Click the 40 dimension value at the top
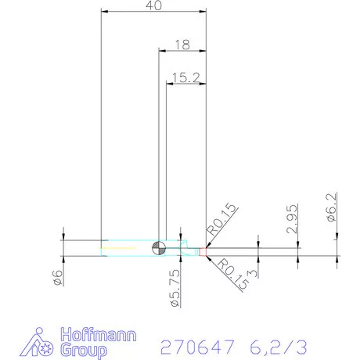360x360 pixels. pos(153,6)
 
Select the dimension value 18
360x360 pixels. pos(182,45)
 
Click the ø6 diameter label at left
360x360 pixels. pos(56,277)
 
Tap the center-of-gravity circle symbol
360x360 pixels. pos(159,247)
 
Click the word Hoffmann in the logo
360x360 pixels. pos(103,335)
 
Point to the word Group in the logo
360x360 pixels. pos(88,351)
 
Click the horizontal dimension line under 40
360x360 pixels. pos(153,12)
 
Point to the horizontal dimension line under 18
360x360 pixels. pos(182,51)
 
